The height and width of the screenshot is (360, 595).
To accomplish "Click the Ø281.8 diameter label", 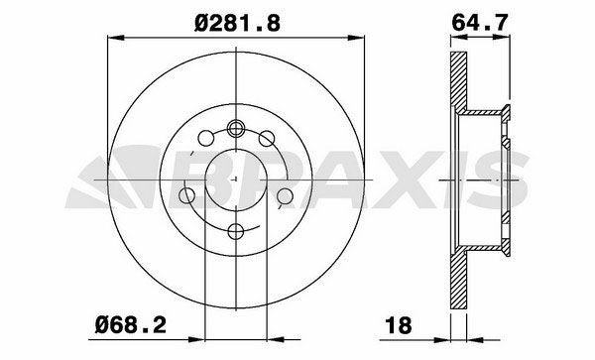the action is [x=238, y=24].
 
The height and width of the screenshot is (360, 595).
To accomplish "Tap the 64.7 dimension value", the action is [x=480, y=23].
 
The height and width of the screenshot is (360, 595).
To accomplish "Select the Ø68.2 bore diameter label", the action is [x=131, y=324].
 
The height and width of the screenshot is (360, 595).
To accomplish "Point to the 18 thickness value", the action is [x=398, y=325].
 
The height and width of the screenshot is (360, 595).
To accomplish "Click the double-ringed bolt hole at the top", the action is [x=236, y=128].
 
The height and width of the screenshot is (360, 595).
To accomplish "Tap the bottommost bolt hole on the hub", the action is [x=236, y=231].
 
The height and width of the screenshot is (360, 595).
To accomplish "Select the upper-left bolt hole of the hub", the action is [x=205, y=138].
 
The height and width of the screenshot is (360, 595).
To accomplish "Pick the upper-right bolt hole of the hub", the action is [x=267, y=138].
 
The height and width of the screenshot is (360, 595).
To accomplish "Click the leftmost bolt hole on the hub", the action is [x=186, y=195].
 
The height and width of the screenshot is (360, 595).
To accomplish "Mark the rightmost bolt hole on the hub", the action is [x=285, y=195].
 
